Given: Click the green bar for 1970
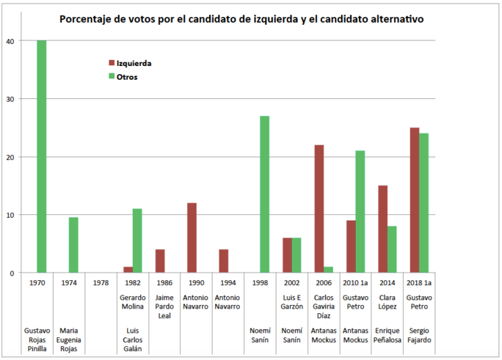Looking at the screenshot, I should point(42,156).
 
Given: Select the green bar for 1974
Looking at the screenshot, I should point(73,245).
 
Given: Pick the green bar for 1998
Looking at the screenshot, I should point(263,194).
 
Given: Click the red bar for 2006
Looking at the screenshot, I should point(319,209).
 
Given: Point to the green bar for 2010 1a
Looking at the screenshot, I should point(360,212).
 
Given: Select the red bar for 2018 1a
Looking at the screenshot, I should point(415,200).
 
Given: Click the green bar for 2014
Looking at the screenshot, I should point(392,249).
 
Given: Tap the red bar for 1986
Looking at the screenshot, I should point(160,261).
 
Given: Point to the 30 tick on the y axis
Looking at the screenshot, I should point(10,99).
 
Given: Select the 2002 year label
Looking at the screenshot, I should point(292,282).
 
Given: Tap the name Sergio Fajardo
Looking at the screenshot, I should point(419,336).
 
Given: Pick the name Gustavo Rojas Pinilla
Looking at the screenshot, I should point(37,339).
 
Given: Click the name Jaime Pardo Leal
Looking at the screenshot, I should point(165,306).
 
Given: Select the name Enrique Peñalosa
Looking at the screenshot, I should point(388,336).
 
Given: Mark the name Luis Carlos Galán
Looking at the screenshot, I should point(133,339).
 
